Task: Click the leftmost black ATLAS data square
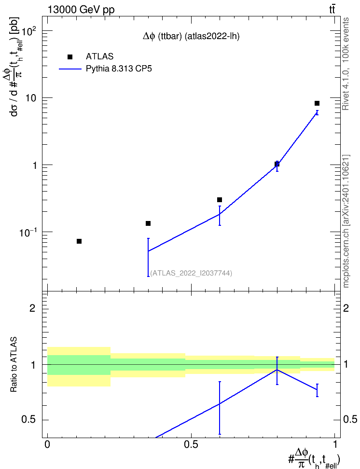tap(79, 241)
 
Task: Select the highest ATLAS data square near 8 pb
tap(317, 103)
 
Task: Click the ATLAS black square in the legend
tap(70, 57)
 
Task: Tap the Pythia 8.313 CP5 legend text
tap(119, 69)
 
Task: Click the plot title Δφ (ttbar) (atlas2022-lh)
tap(191, 37)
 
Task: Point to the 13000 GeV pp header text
tap(81, 10)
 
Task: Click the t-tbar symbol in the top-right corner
tap(332, 10)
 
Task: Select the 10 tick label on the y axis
tap(30, 98)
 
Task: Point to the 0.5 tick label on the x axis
tap(191, 444)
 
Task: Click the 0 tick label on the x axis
tap(47, 444)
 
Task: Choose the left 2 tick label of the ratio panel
tap(33, 308)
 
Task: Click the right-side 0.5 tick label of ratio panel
tap(349, 419)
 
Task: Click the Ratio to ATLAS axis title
tap(14, 365)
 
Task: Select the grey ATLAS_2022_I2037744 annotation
tap(191, 273)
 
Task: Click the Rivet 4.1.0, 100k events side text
tap(346, 64)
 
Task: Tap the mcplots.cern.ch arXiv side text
tap(346, 221)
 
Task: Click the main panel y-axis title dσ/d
tap(14, 67)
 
